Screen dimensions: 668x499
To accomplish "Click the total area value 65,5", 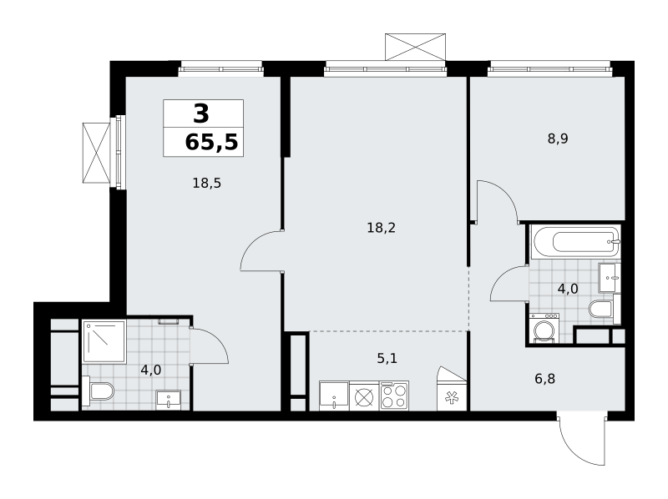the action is pyautogui.click(x=211, y=142).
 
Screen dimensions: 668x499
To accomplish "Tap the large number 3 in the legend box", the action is pyautogui.click(x=201, y=113).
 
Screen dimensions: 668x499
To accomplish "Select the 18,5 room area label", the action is pyautogui.click(x=206, y=184).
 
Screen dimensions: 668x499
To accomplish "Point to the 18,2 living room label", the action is pyautogui.click(x=382, y=228).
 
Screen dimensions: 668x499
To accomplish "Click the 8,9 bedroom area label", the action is pyautogui.click(x=558, y=139).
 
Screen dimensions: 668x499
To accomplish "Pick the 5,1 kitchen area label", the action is pyautogui.click(x=387, y=359).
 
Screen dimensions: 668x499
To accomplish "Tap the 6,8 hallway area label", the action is pyautogui.click(x=545, y=379).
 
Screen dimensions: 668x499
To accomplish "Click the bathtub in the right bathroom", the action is pyautogui.click(x=575, y=242).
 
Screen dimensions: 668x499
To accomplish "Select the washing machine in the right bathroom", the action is pyautogui.click(x=544, y=328).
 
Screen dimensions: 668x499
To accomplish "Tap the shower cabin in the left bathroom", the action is pyautogui.click(x=104, y=342).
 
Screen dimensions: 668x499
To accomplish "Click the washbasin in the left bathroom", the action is pyautogui.click(x=169, y=400).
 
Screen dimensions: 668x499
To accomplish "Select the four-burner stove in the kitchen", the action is pyautogui.click(x=394, y=396).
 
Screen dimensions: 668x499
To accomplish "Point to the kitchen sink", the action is pyautogui.click(x=334, y=396).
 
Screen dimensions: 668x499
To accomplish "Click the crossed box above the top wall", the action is pyautogui.click(x=415, y=47).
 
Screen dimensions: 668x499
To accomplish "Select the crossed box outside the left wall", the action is pyautogui.click(x=96, y=153).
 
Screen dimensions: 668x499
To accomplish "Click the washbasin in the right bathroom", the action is pyautogui.click(x=610, y=278).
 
